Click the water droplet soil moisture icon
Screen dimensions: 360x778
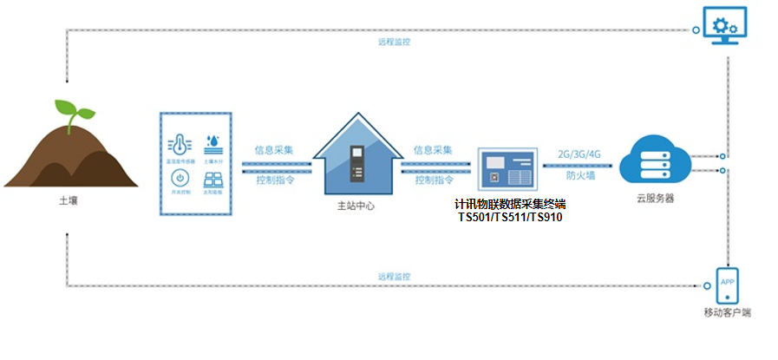pyautogui.click(x=212, y=142)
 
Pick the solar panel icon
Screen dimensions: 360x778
pyautogui.click(x=212, y=181)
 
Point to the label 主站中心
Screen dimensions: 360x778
pyautogui.click(x=356, y=207)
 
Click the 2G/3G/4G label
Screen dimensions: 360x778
pyautogui.click(x=579, y=154)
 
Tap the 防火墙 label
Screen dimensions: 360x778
pyautogui.click(x=579, y=175)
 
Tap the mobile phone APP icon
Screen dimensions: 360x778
pyautogui.click(x=727, y=284)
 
